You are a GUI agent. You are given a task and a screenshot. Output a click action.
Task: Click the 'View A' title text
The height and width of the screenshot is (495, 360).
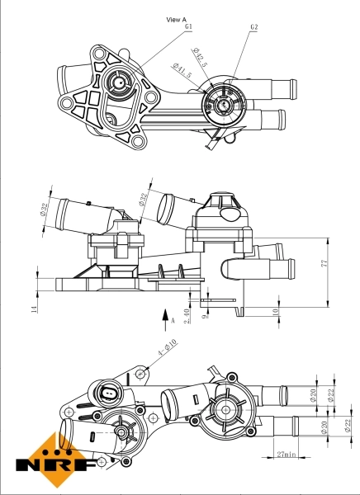coord(177,19)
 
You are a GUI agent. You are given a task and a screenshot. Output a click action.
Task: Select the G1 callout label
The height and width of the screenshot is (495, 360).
coord(188,27)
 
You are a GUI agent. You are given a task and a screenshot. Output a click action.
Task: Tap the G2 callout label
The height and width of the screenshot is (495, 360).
coord(254,27)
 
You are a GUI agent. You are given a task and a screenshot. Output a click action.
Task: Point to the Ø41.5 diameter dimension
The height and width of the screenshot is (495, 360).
coord(181,71)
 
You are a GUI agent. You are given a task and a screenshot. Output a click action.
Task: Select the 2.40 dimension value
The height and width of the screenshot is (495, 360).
coord(187,314)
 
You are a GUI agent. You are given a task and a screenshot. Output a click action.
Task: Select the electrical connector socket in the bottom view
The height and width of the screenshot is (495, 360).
coord(109,392)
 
